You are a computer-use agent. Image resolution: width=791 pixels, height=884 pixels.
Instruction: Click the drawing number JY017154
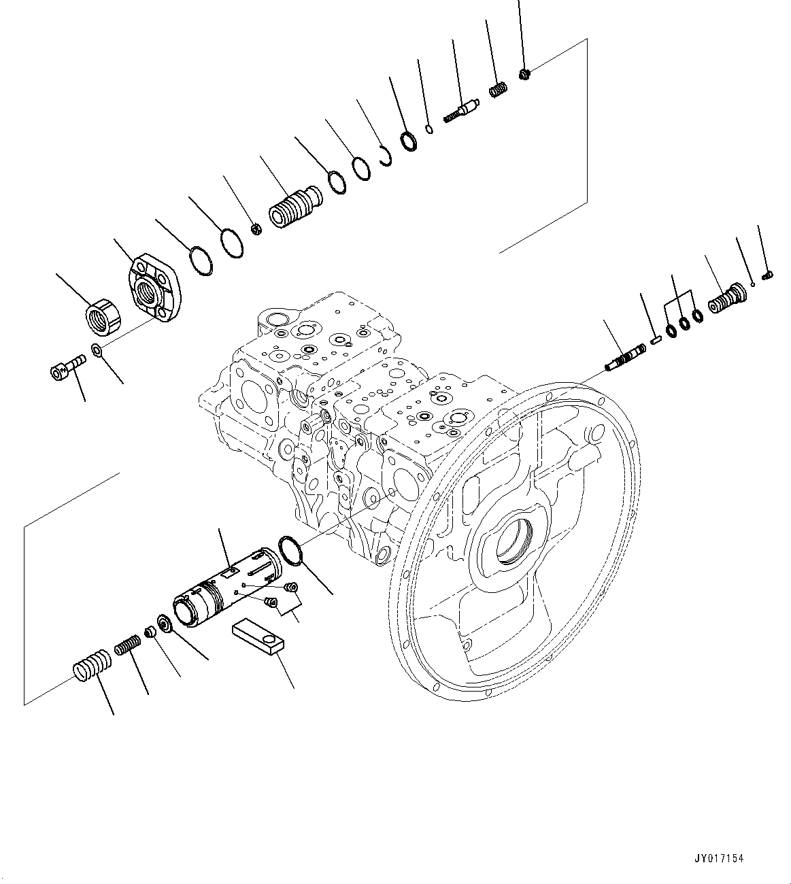720,858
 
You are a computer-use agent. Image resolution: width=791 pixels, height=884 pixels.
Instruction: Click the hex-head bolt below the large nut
67,368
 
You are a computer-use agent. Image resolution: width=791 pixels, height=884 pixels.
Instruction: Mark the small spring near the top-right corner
499,89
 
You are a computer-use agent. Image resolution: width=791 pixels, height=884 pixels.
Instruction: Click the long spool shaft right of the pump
627,358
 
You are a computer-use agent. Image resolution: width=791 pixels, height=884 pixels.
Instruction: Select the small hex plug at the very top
524,73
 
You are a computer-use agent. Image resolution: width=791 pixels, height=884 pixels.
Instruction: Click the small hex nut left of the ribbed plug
256,229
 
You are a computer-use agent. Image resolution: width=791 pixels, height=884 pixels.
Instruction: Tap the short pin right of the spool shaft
656,341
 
